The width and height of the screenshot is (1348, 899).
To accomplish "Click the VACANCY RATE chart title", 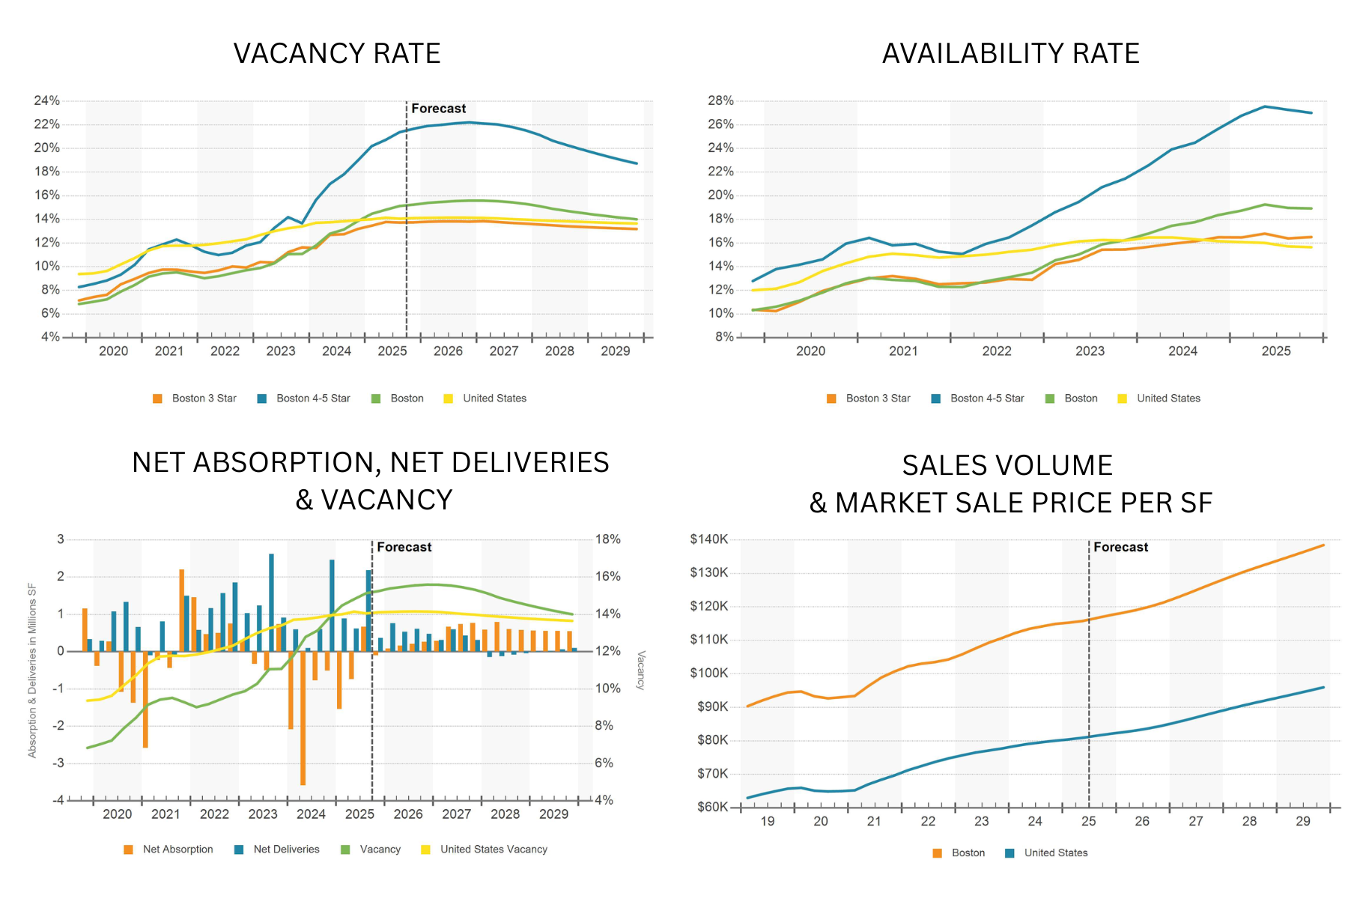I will pos(337,53).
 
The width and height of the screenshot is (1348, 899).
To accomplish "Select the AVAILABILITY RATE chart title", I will pos(1010,53).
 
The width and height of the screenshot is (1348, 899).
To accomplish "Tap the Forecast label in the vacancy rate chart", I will pos(438,109).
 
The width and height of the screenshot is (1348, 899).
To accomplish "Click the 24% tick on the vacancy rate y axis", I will pos(46,100).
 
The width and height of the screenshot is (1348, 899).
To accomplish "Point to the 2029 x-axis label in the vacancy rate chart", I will pos(615,351).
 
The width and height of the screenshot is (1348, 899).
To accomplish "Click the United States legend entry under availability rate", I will pos(1168,399).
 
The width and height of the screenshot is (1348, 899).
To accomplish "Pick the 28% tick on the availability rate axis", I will pos(720,100).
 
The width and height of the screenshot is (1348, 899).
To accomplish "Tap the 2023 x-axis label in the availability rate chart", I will pos(1090,351).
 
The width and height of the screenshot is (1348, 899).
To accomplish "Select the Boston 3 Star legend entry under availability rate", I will pos(877,399).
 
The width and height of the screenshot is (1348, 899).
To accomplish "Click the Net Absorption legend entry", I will pos(177,850).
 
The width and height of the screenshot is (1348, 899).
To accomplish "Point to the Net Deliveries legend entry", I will pos(285,850).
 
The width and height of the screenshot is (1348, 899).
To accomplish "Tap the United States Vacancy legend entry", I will pos(493,850).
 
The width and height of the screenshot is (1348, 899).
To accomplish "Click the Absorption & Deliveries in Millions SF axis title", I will pos(32,671).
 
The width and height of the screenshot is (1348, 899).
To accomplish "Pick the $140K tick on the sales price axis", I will pos(708,539).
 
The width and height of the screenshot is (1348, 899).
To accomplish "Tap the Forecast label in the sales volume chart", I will pos(1120,547).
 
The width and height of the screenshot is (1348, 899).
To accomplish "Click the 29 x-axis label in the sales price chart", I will pos(1303,821).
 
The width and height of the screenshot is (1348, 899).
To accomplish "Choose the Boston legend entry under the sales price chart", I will pos(968,853).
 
